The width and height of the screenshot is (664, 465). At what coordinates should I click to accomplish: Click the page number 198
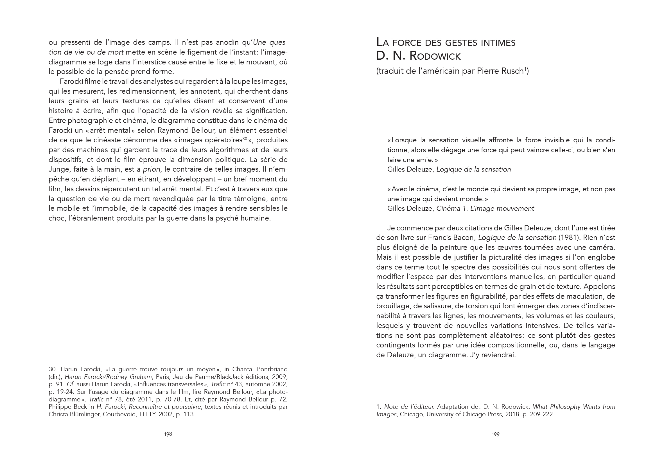pyautogui.click(x=168, y=434)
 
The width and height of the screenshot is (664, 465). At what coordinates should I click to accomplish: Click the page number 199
pyautogui.click(x=496, y=434)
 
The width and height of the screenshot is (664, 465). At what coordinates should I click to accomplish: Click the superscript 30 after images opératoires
pyautogui.click(x=245, y=139)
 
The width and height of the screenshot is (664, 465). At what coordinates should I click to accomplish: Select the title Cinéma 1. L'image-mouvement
pyautogui.click(x=485, y=208)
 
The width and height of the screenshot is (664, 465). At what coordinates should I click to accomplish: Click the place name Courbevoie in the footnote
pyautogui.click(x=119, y=414)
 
